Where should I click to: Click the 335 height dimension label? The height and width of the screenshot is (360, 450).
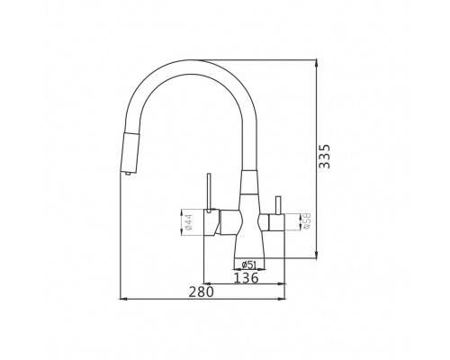(324, 157)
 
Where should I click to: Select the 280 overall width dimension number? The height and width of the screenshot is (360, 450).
(202, 292)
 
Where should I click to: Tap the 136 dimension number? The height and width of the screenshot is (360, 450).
(246, 278)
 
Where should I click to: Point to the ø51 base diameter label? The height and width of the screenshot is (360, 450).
(249, 265)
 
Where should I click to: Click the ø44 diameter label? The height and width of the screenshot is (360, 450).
(190, 222)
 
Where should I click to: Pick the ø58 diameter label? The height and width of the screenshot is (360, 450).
(307, 221)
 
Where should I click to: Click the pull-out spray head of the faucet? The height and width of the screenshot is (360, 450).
(130, 152)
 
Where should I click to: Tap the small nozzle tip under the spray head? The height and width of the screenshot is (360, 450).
(128, 173)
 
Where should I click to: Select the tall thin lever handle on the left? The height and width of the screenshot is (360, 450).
(210, 192)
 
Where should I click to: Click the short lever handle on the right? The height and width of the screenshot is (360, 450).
(278, 206)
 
